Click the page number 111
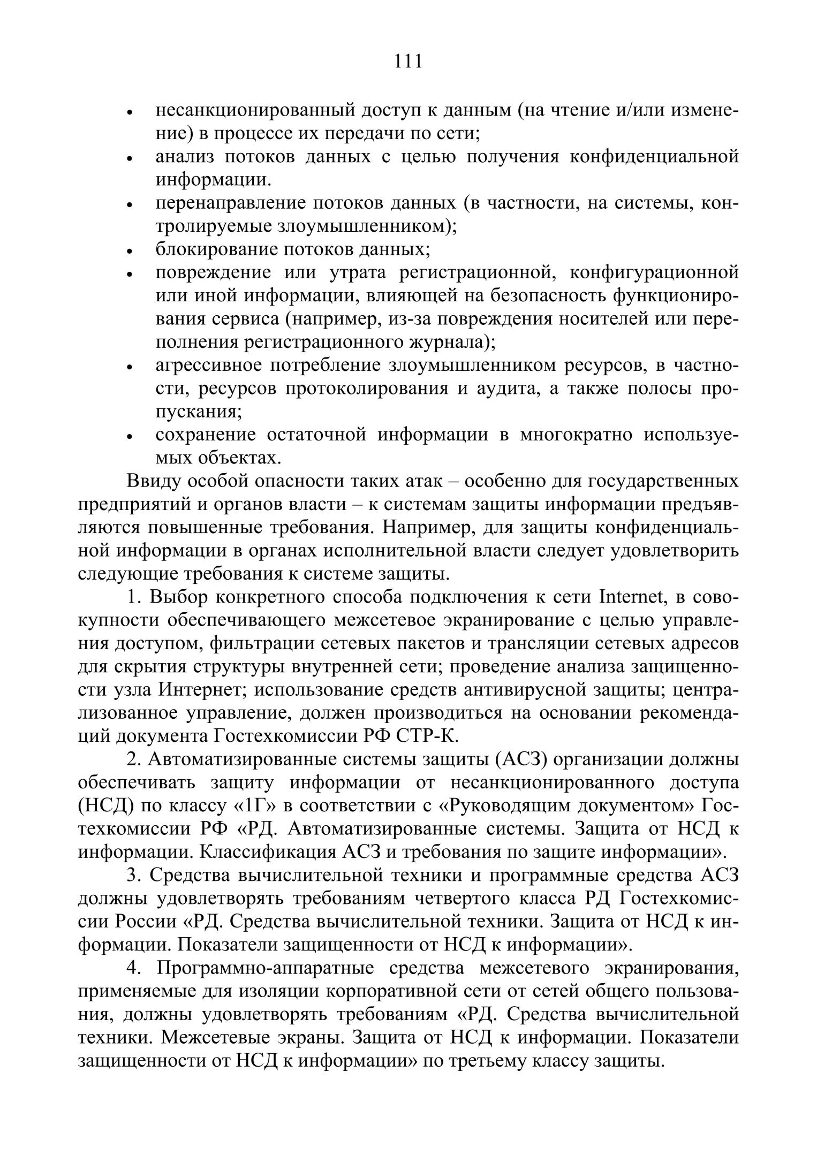click(408, 62)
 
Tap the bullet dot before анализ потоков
click(129, 158)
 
